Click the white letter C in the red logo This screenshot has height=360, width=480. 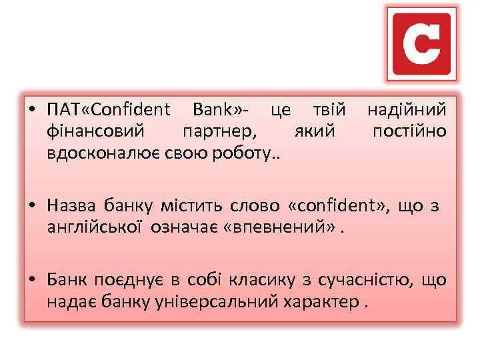422,43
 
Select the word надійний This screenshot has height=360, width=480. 407,109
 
